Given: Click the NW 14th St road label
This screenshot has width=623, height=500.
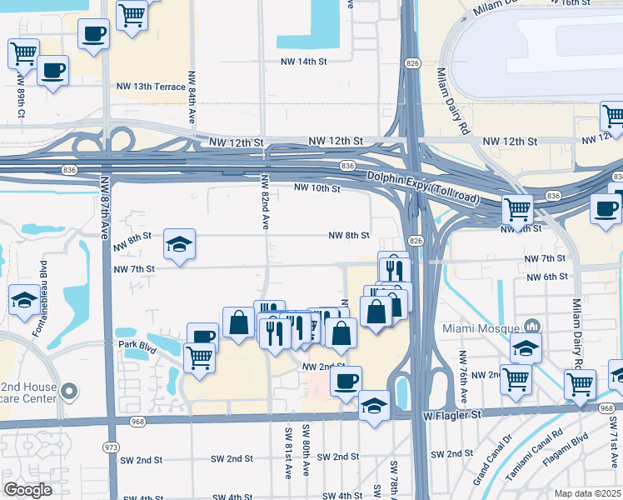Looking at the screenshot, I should (x=304, y=62).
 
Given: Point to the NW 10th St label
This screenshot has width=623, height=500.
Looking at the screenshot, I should (x=317, y=188).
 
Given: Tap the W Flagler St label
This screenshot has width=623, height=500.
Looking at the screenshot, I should (x=452, y=413).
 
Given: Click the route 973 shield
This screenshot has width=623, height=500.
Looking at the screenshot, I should (x=110, y=447).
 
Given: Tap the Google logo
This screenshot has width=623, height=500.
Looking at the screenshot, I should (x=27, y=490).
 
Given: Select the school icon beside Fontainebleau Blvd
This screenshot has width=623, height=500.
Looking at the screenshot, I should (x=23, y=299).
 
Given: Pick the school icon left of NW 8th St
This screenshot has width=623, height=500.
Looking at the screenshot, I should (x=179, y=243).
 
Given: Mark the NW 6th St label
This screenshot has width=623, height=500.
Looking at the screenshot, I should (x=546, y=277).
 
